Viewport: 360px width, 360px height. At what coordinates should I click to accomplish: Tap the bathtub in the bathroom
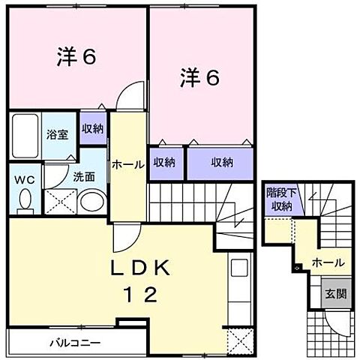tap(25, 136)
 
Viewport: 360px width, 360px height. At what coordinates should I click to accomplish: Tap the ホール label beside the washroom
tap(127, 165)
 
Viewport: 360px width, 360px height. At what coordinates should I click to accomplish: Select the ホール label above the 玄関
tap(328, 263)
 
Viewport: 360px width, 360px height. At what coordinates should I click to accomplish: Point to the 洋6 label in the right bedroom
tap(199, 77)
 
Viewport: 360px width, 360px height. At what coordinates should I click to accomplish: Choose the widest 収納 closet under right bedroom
tap(220, 161)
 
